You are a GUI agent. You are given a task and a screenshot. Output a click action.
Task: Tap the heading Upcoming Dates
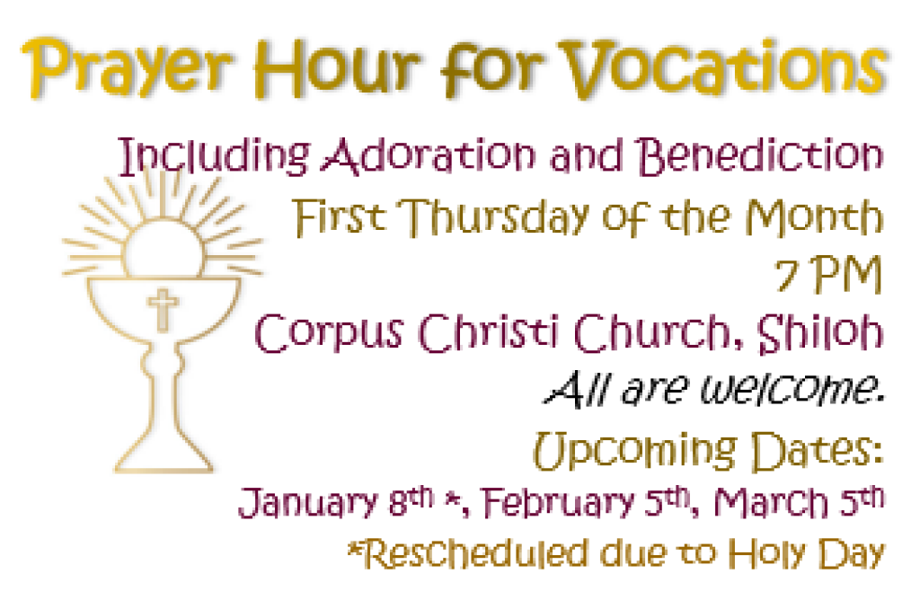click(706, 447)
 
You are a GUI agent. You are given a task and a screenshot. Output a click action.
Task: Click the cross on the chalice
click(163, 309)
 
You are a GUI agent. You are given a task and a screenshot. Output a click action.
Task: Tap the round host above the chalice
click(163, 244)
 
